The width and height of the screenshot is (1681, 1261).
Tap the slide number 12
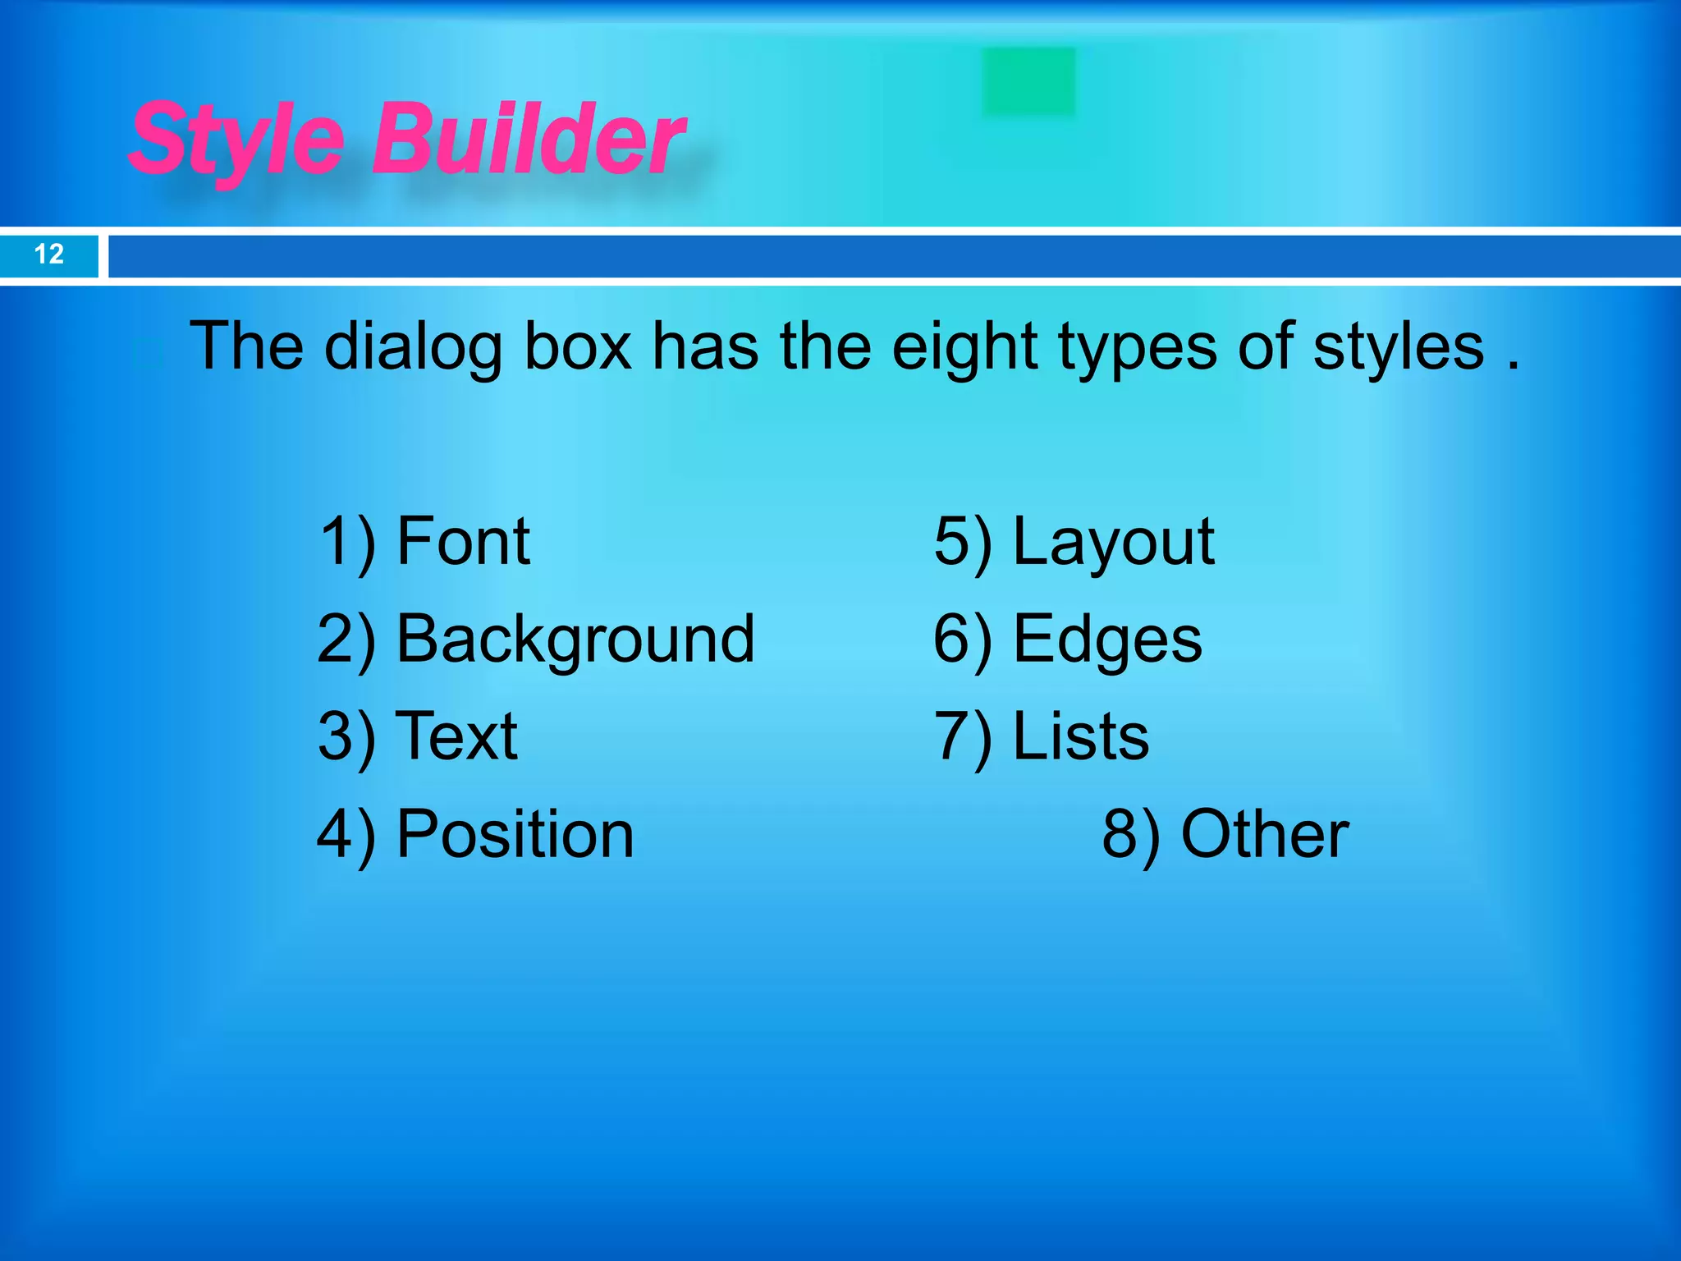coord(49,254)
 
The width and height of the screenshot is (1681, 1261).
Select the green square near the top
coord(1028,81)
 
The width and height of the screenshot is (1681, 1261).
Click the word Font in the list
coord(463,541)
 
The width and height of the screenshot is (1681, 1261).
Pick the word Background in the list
coord(575,640)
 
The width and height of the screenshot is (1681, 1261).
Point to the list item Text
coord(456,736)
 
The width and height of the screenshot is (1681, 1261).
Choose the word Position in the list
coord(515,834)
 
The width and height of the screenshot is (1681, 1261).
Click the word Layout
coord(1113,543)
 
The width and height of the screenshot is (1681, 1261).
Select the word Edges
coord(1107,640)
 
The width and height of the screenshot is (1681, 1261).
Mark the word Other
coord(1264,834)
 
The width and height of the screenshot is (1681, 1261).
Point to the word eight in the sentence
coord(965,347)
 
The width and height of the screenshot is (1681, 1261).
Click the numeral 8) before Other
coord(1130,834)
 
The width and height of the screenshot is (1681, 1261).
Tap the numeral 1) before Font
coord(347,541)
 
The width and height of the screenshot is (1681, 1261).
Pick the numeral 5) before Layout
coord(962,543)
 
